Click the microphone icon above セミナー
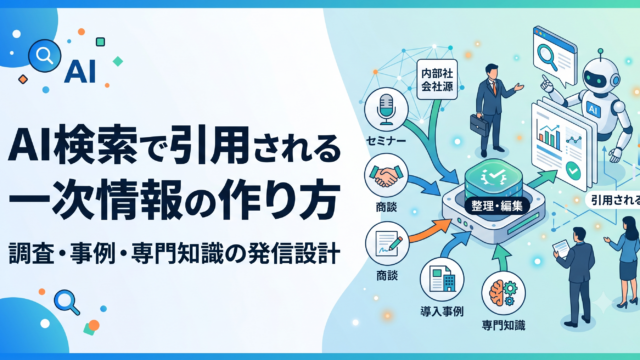386,109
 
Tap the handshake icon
386,176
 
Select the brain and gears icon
503,293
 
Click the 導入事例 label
442,312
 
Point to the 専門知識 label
503,325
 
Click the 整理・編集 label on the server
497,206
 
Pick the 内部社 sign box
437,79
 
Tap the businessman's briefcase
479,124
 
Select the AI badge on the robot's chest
593,108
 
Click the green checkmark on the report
573,171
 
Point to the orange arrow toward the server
431,230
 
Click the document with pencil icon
387,244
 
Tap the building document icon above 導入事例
442,279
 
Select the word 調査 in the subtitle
31,253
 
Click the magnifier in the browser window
548,56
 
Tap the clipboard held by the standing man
561,249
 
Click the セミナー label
386,141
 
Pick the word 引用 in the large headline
210,145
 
